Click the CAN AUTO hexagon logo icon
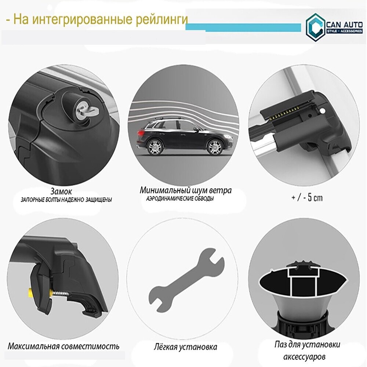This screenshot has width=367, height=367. point(315,28)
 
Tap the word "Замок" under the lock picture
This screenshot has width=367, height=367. point(61,191)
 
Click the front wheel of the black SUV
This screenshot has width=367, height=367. point(214,147)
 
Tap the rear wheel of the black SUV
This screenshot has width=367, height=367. point(155,147)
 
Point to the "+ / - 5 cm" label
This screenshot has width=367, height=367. point(307,198)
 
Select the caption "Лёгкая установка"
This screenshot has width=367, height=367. point(185,347)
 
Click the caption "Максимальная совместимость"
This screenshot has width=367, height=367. point(63,346)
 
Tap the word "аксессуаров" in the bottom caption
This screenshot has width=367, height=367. point(304,357)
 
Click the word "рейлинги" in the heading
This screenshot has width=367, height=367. point(162,19)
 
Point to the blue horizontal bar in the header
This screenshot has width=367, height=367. point(243,27)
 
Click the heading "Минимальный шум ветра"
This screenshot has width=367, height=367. point(186,190)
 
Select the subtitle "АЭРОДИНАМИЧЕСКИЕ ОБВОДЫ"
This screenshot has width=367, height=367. point(180,199)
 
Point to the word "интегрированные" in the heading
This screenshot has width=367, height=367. point(82,20)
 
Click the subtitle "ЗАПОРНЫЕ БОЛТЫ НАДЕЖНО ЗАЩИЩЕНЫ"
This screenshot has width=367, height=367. point(66,200)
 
